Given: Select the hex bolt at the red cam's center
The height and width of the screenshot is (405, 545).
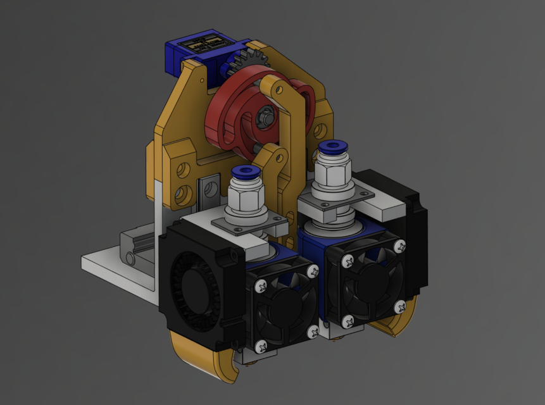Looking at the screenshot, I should [x=265, y=116].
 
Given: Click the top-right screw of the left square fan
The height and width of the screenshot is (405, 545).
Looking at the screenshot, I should [x=312, y=271].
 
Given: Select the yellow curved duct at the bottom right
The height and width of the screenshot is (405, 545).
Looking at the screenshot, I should [x=396, y=323].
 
